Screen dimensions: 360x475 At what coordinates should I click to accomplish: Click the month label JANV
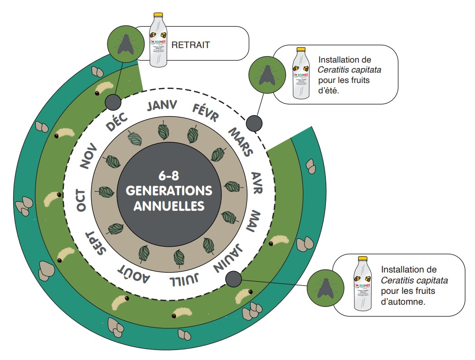pyautogui.click(x=161, y=107)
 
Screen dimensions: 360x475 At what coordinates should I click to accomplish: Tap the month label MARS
pyautogui.click(x=240, y=141)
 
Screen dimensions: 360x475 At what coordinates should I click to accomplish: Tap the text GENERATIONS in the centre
pyautogui.click(x=169, y=190)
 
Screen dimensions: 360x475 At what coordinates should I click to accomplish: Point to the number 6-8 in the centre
pyautogui.click(x=169, y=175)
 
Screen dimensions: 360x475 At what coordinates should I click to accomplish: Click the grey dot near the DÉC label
pyautogui.click(x=112, y=102)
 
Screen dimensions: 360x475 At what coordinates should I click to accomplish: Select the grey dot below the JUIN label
pyautogui.click(x=233, y=278)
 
